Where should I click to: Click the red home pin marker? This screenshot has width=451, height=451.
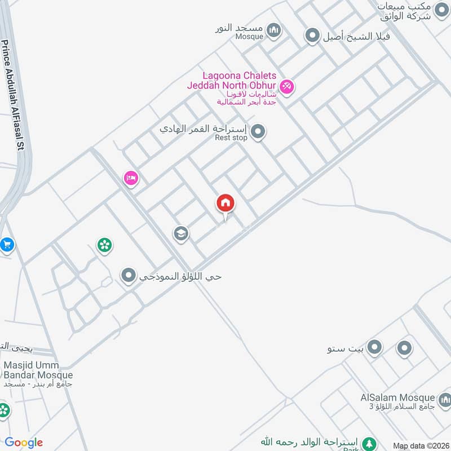[x=225, y=204]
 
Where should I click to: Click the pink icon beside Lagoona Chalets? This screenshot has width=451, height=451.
[x=287, y=86]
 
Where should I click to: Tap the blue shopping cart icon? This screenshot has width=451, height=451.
[x=6, y=245]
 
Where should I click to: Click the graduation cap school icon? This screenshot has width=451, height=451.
[x=181, y=233]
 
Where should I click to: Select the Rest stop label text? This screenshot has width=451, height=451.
[x=231, y=138]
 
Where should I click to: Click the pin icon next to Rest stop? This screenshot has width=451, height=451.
[x=258, y=132]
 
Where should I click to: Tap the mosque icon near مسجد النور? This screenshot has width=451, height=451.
[x=274, y=30]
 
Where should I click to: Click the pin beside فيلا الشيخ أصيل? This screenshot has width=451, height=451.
[x=312, y=37]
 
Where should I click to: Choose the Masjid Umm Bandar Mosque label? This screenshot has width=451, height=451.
[x=37, y=370]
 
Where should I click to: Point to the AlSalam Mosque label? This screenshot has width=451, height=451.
[x=397, y=398]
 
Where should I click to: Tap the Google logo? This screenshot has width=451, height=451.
[x=24, y=443]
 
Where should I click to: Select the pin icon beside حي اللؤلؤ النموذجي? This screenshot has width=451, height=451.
[x=129, y=276]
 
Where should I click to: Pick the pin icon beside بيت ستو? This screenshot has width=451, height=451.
[x=374, y=348]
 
